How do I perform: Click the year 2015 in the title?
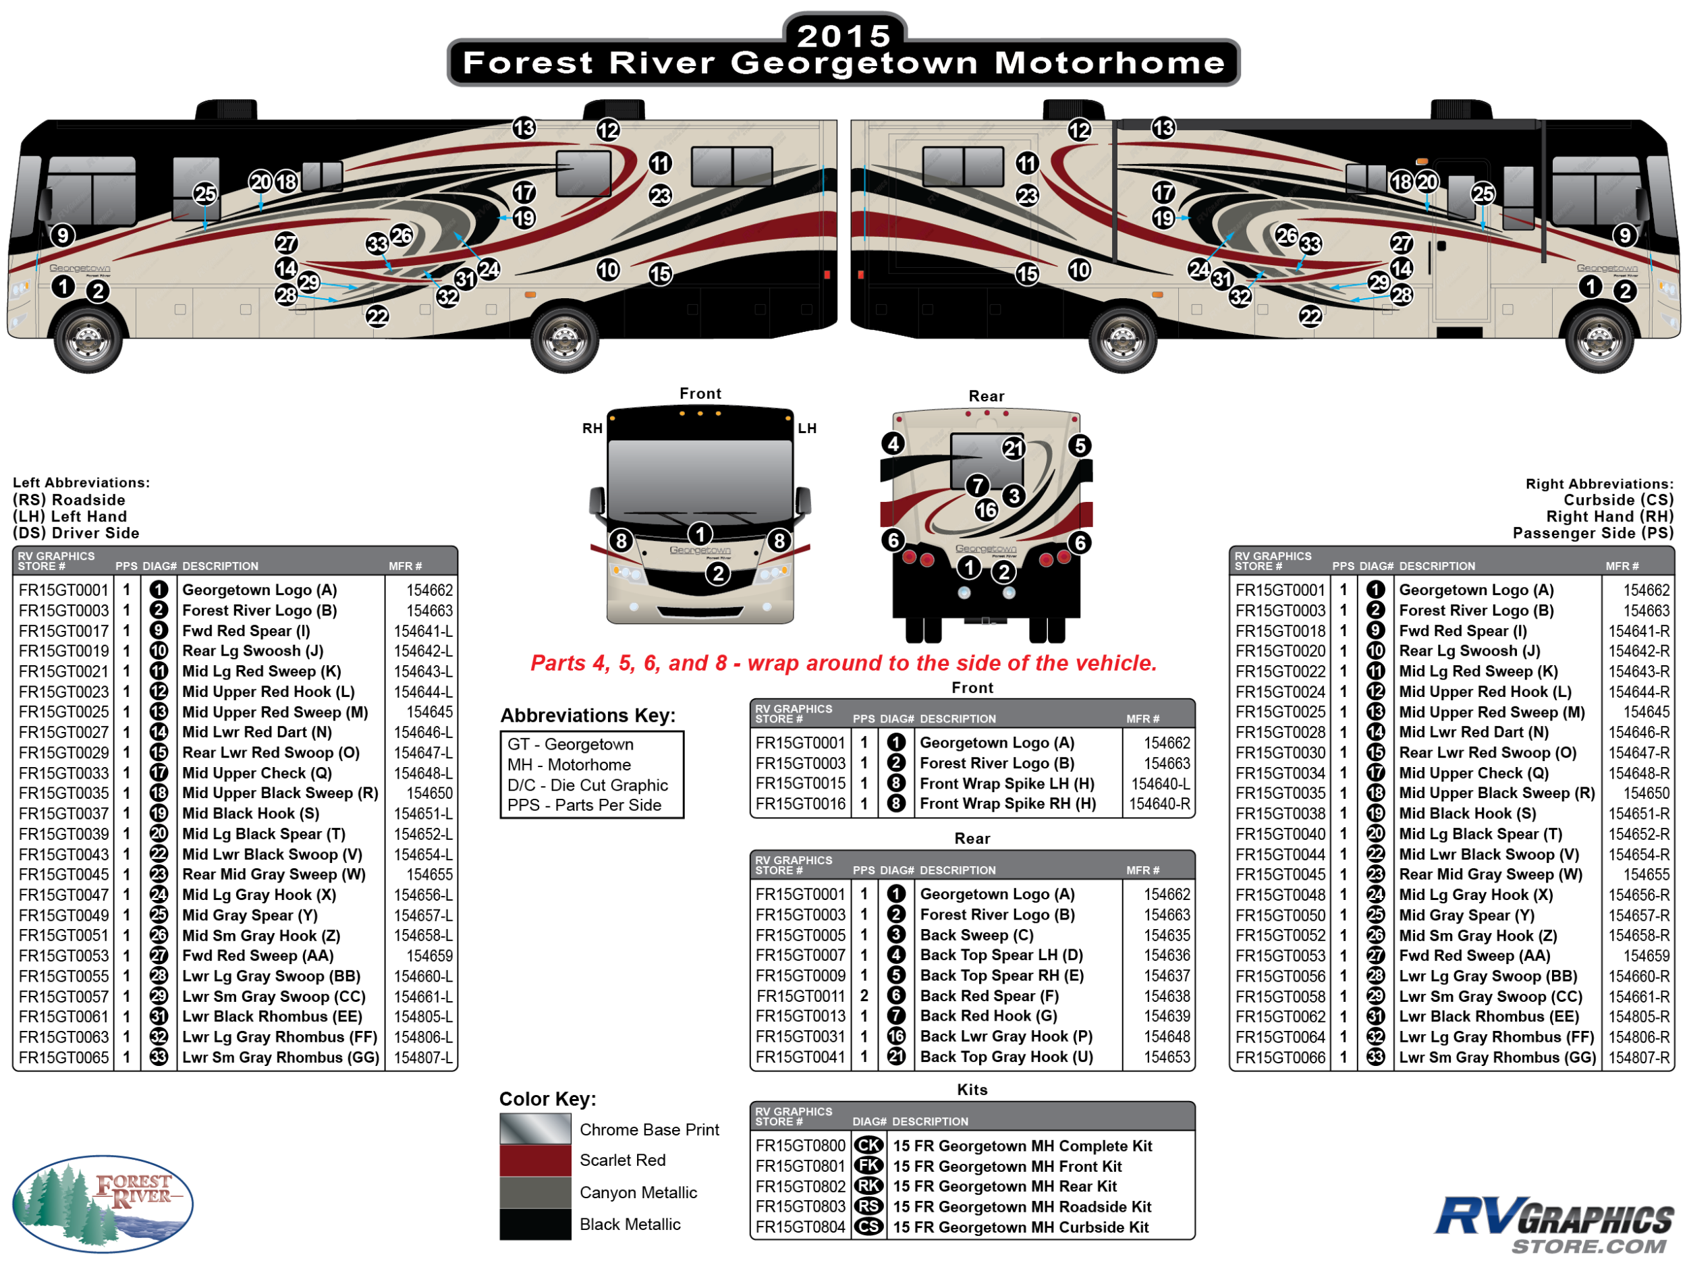point(843,35)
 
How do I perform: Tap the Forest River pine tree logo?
point(103,1203)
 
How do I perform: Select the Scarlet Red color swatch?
point(534,1160)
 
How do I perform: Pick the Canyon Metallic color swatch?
point(534,1193)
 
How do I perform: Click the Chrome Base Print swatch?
point(534,1129)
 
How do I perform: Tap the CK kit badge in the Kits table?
point(868,1146)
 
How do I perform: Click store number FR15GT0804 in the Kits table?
point(800,1227)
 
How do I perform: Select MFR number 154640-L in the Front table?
point(1159,784)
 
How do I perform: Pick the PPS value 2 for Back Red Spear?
point(864,996)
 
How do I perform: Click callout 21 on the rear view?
point(1013,449)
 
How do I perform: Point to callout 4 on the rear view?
point(893,443)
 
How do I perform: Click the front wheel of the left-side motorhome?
point(88,339)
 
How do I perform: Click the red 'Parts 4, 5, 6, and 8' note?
point(843,663)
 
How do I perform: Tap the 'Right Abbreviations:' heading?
point(1599,484)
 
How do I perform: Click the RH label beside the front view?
point(592,428)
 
